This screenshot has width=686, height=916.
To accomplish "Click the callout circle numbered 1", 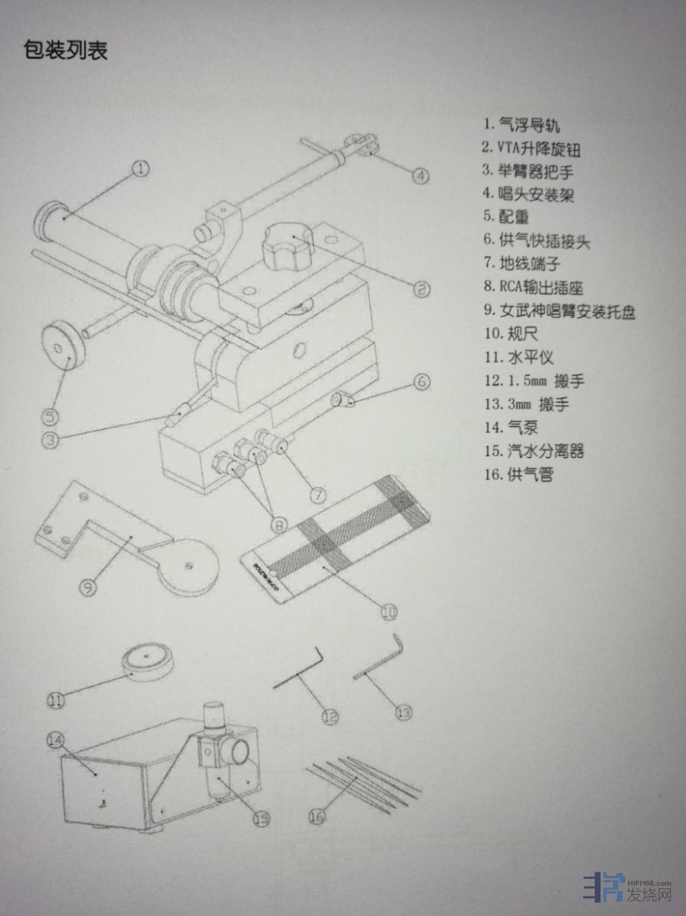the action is tap(141, 169).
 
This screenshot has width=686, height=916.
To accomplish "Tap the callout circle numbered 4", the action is tap(420, 176).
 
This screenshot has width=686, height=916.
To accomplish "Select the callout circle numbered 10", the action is tap(389, 612).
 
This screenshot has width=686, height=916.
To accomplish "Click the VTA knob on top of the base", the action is tap(287, 246).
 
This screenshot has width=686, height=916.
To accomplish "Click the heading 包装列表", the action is tap(66, 50).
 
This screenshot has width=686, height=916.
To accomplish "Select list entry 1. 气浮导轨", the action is tap(522, 124).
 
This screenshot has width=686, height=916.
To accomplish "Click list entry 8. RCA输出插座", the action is tap(533, 286).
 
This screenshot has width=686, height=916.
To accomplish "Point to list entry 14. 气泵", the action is tap(511, 427).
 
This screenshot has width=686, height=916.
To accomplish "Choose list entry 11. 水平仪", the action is tap(519, 357).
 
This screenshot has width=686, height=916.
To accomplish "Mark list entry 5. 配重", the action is tap(506, 216).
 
